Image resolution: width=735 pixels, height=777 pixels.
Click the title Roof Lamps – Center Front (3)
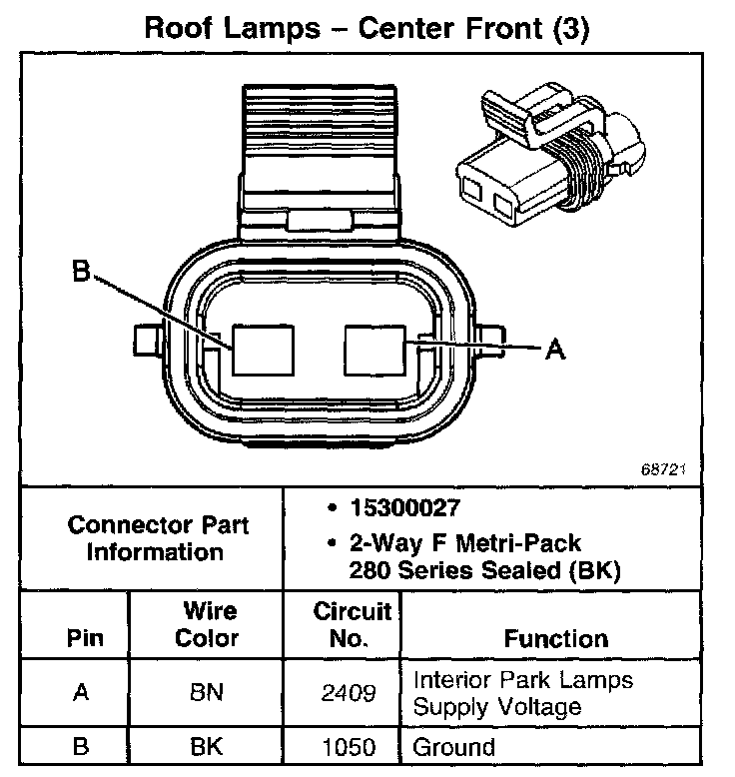pos(367,27)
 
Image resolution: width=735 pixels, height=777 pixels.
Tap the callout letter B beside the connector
pos(82,272)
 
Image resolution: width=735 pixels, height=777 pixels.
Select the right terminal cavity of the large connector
pos(374,350)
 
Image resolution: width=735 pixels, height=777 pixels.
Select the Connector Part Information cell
pos(158,538)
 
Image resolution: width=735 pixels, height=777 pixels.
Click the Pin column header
pos(84,639)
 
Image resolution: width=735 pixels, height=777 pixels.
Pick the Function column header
pos(555,639)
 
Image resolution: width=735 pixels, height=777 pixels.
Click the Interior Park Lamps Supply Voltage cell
pos(523,693)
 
